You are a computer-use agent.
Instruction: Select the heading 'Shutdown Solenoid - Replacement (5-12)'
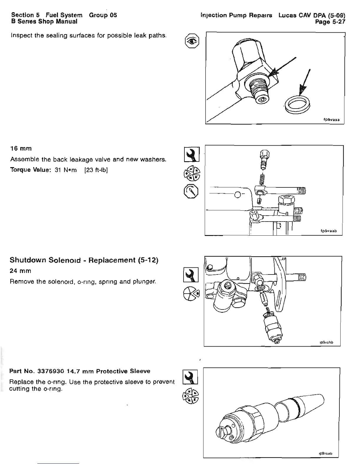click(84, 260)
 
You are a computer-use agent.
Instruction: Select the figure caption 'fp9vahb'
click(326, 342)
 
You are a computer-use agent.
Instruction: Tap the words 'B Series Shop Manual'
click(44, 21)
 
